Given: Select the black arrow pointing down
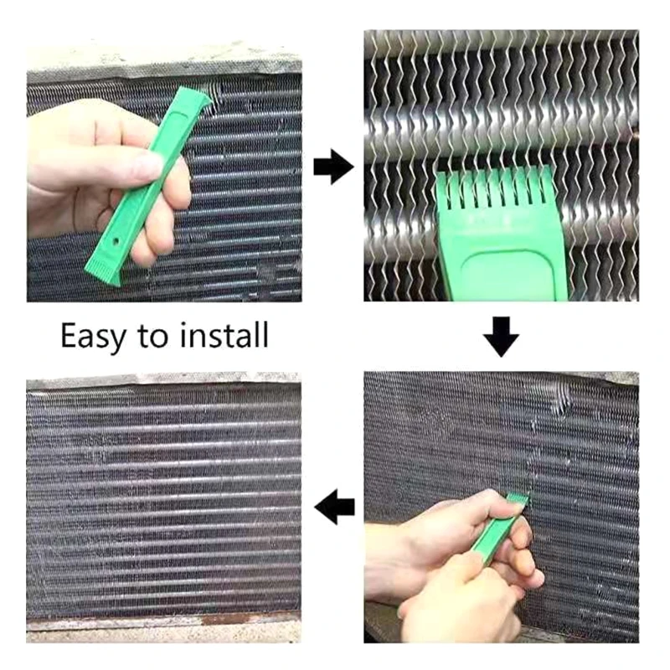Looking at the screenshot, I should click(x=501, y=336).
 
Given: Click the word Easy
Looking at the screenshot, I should click(x=94, y=336).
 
